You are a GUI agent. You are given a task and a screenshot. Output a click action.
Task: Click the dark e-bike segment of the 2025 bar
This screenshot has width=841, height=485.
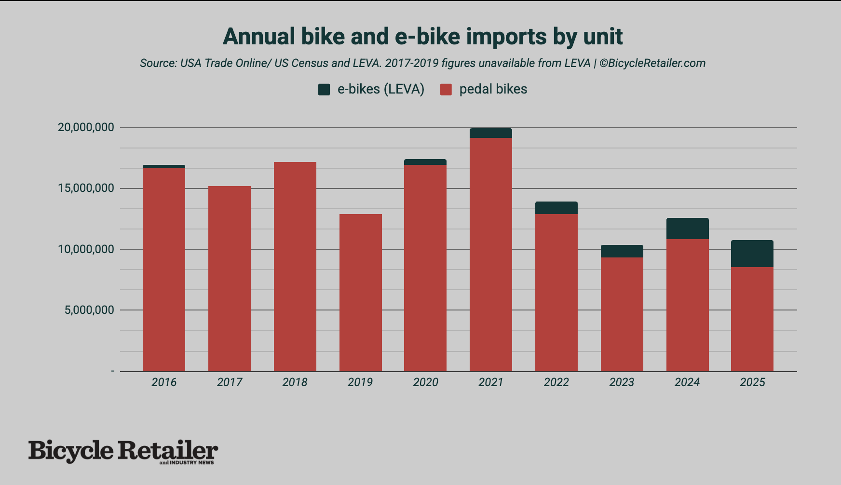[x=752, y=254]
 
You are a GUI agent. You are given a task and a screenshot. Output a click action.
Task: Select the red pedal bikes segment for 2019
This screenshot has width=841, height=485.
[x=360, y=293]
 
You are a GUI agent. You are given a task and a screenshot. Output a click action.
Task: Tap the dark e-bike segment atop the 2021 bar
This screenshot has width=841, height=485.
[x=490, y=133]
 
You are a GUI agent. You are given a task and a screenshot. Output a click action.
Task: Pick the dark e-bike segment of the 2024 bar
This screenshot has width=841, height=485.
[x=687, y=229]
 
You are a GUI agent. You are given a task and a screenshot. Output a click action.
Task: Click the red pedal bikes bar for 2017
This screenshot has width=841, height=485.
[x=229, y=279]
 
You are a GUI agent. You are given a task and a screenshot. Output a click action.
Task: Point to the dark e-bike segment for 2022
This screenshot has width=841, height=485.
[x=556, y=208]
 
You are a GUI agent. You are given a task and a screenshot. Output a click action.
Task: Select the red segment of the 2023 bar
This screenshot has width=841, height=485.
[x=622, y=314]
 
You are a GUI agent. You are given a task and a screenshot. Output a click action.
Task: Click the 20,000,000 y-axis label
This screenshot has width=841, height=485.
[x=86, y=127]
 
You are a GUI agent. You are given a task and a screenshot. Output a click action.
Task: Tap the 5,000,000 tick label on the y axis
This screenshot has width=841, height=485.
[x=89, y=310]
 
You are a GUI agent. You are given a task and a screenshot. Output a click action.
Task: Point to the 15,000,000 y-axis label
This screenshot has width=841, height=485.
[x=86, y=188]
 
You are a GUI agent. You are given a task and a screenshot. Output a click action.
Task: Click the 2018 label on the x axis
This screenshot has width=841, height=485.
[x=295, y=382]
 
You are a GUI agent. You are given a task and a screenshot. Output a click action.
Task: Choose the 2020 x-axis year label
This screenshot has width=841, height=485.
[x=425, y=382]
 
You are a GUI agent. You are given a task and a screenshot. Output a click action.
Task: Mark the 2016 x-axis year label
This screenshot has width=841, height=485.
[x=164, y=382]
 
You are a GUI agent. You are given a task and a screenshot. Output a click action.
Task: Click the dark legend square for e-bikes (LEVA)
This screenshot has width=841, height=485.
[x=324, y=89]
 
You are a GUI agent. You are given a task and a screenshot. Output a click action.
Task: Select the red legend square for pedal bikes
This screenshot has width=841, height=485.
[x=446, y=89]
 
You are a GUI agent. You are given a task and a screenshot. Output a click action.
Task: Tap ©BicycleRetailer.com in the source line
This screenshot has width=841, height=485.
[x=652, y=63]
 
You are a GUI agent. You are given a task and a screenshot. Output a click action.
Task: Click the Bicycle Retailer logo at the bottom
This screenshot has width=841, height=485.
[x=123, y=451]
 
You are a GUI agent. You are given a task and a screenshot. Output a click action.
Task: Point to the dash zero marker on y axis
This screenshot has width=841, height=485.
[x=113, y=371]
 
